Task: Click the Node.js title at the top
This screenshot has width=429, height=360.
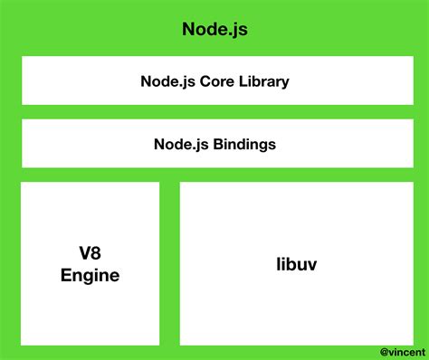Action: [214, 29]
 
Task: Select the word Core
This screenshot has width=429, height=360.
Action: [217, 81]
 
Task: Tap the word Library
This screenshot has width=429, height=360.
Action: [264, 81]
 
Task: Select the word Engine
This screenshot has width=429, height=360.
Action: [90, 275]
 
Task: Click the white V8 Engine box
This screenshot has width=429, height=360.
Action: [90, 217]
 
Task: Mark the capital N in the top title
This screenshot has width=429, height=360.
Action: [188, 29]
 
